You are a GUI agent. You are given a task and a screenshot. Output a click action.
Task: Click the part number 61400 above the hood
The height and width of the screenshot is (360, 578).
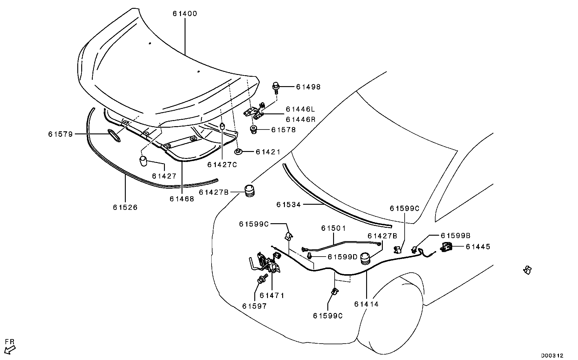[x=185, y=14]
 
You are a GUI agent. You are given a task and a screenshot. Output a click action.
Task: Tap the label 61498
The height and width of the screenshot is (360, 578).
[x=308, y=87]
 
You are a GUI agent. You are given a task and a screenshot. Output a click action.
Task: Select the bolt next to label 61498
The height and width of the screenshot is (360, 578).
[x=276, y=86]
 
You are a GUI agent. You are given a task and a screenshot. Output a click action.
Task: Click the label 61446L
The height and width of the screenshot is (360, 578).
[x=301, y=109]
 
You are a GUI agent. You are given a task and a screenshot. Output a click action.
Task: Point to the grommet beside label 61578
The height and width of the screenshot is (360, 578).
[x=253, y=130]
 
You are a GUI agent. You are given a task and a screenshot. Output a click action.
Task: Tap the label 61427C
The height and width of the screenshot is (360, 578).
[x=222, y=165]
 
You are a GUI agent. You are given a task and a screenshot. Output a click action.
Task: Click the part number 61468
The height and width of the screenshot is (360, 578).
[x=182, y=199]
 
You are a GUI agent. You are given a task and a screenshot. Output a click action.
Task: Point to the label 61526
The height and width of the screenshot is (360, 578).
[x=125, y=207]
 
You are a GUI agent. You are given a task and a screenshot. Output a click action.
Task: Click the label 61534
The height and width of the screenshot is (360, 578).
[x=289, y=205]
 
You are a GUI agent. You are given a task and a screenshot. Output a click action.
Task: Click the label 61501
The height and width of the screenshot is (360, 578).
[x=333, y=228]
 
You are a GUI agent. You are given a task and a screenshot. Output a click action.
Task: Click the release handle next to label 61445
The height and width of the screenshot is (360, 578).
[x=446, y=247]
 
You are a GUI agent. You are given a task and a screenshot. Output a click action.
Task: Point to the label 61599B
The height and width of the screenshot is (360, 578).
[x=455, y=235]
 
